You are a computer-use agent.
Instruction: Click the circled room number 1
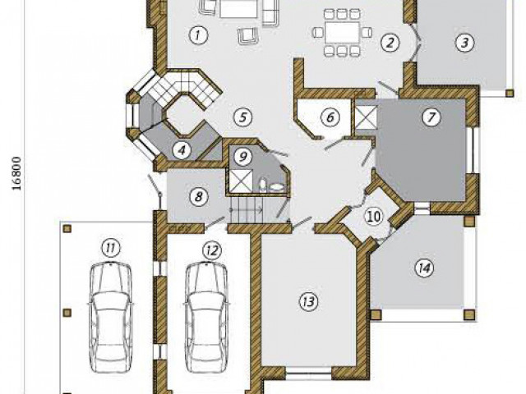point(198,34)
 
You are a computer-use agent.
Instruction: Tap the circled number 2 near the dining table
point(390,43)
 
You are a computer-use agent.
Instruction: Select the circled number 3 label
point(464,43)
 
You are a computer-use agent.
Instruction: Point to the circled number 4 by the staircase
point(182,150)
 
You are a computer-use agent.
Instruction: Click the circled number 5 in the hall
point(243,117)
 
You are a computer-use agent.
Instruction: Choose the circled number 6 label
point(330,117)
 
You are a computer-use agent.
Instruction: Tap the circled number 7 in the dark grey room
point(431,117)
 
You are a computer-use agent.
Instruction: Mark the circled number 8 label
point(199,196)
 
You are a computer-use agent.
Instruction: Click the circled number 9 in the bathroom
point(243,156)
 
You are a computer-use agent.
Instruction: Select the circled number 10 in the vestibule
point(374,217)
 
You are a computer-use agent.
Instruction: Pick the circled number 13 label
point(309,301)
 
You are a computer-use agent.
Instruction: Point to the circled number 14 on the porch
point(424,268)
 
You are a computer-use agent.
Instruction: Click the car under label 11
point(111,317)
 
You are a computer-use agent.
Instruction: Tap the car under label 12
point(207,317)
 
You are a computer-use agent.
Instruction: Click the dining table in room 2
point(342,33)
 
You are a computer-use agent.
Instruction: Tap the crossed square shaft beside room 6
point(366,117)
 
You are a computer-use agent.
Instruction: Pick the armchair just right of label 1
point(248,36)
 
